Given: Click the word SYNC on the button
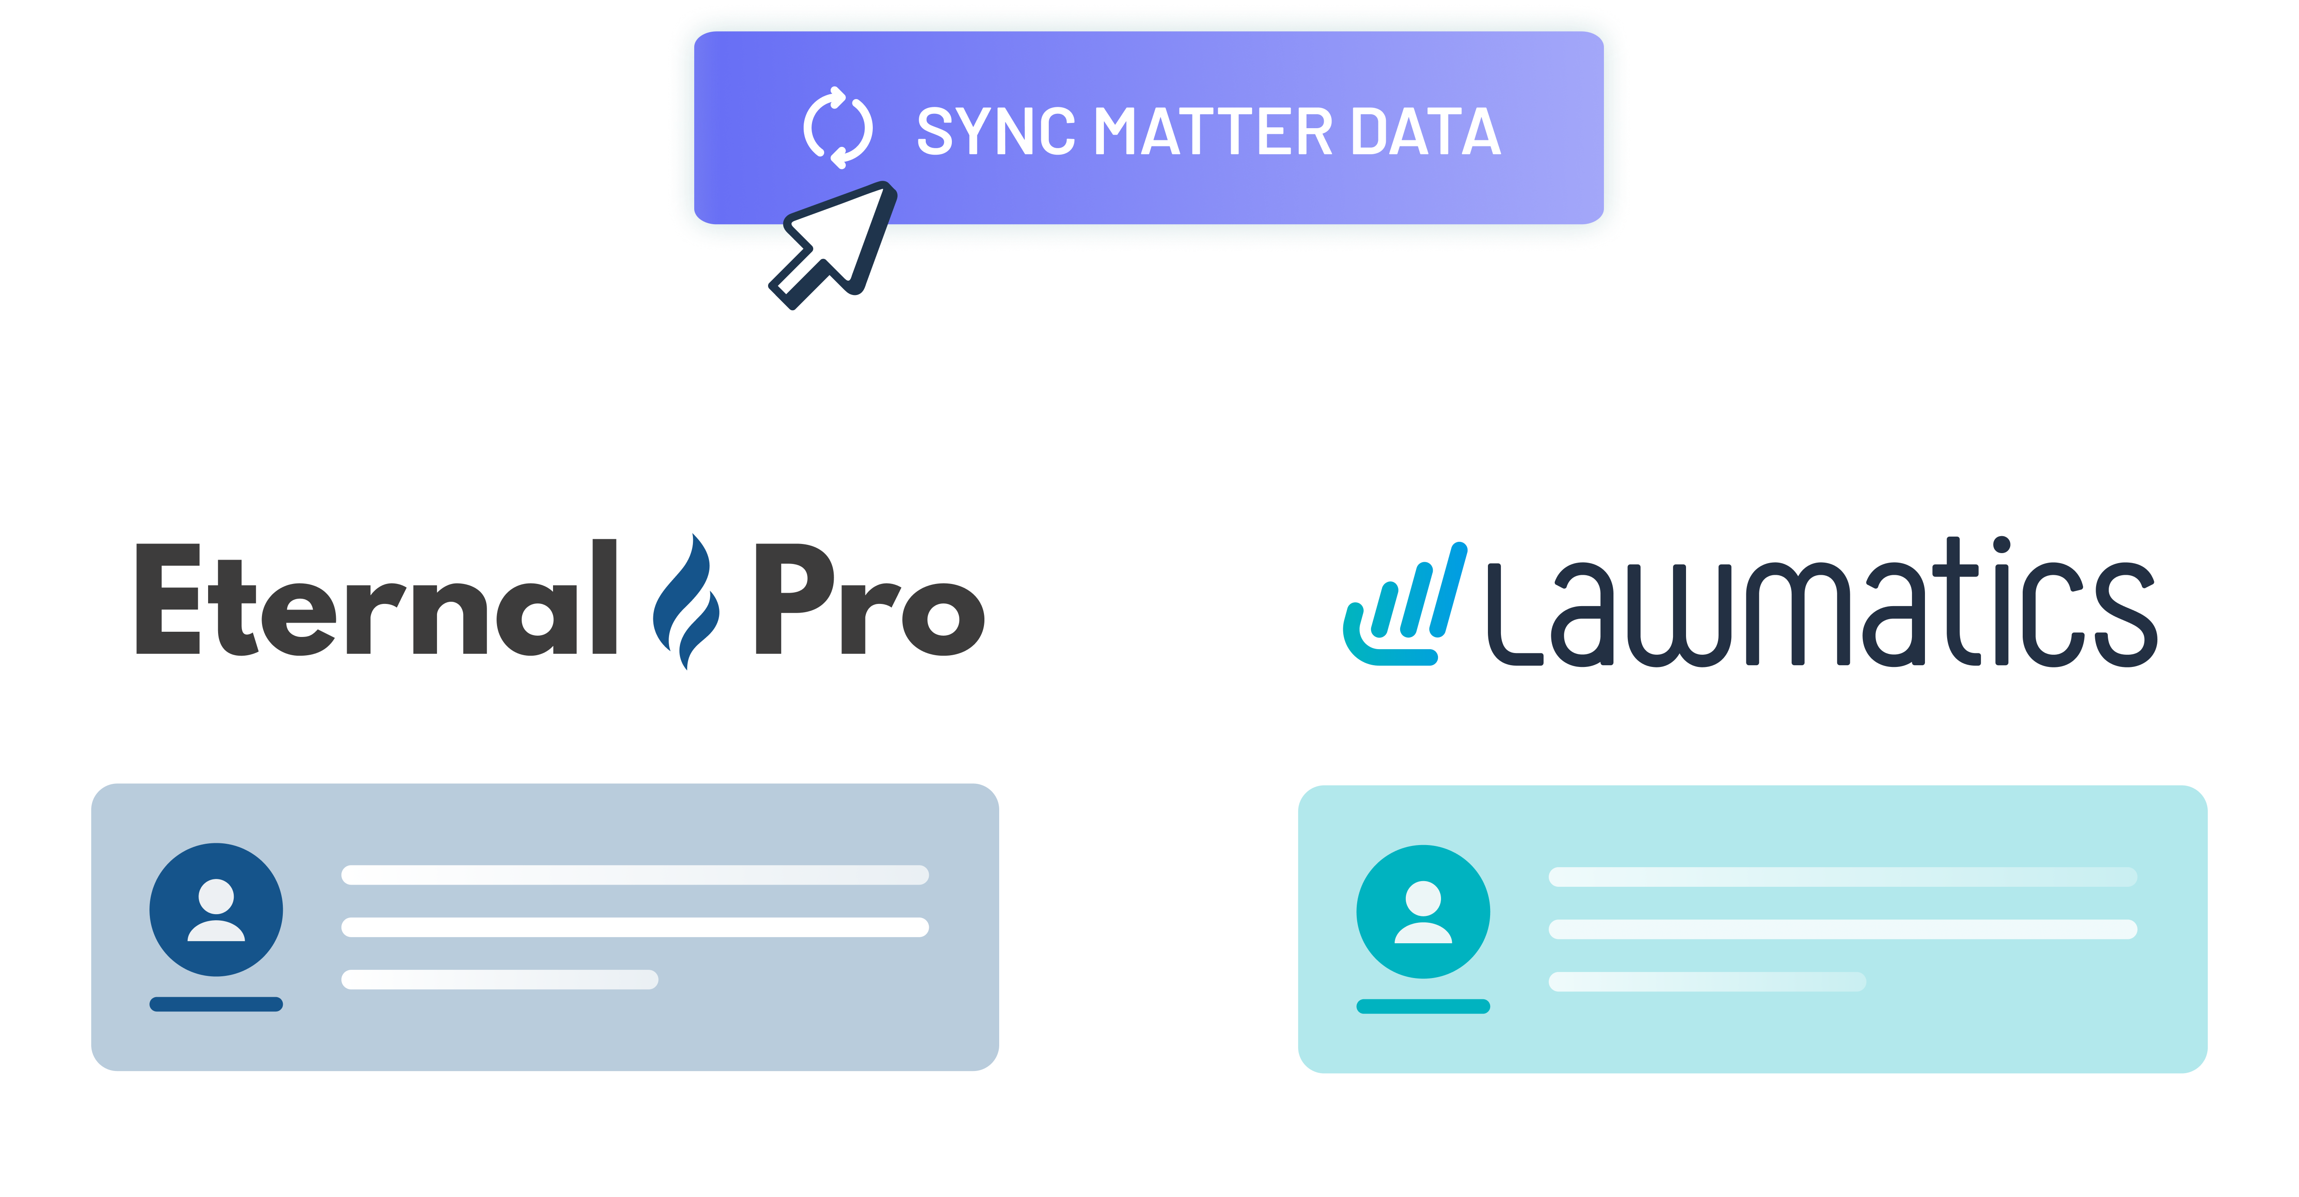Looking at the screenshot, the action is [995, 132].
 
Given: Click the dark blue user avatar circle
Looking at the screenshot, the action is [216, 909].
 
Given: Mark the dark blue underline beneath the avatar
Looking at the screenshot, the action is [216, 1004].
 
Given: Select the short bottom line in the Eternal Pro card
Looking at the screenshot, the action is [500, 979].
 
